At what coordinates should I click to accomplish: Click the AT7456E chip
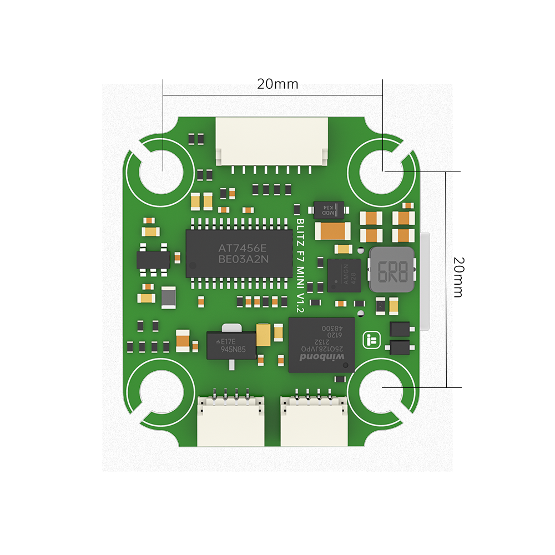239,253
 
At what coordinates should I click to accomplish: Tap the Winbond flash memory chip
321,345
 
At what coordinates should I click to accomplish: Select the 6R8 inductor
392,270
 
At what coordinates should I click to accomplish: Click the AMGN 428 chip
344,275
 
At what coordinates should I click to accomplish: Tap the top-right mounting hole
381,172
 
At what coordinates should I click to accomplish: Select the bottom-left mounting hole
161,393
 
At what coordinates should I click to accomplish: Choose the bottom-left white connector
231,422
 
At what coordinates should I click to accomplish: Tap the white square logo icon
370,340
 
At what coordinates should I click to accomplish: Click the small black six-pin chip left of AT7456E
153,260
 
